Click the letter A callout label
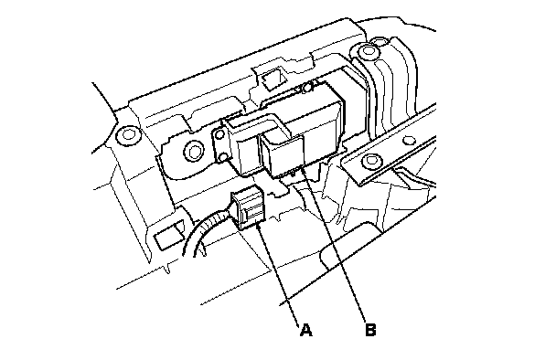tap(305, 330)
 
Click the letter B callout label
tap(370, 330)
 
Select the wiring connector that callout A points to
tap(247, 207)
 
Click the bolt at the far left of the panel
tap(127, 135)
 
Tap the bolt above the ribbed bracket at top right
tap(366, 52)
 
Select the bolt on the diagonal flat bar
tap(371, 161)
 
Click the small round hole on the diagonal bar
tap(410, 141)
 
